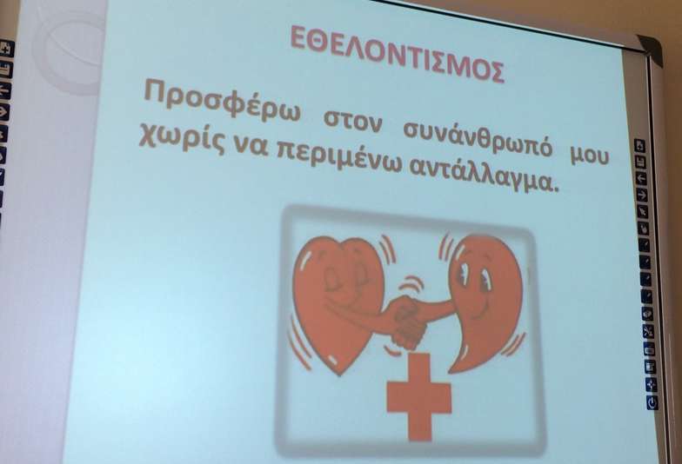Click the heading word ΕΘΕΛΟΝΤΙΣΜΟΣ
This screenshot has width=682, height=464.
(x=398, y=54)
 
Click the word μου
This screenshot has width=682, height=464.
(x=590, y=155)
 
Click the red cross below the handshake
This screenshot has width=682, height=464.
(x=419, y=396)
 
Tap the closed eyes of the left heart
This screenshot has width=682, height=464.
(x=344, y=276)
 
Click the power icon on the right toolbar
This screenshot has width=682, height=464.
(x=652, y=403)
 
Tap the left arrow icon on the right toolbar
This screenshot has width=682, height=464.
(x=642, y=178)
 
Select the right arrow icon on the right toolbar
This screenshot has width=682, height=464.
(x=642, y=195)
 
